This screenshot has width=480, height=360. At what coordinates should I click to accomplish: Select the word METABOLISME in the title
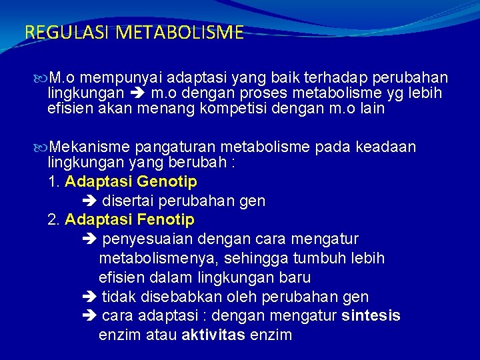click(179, 33)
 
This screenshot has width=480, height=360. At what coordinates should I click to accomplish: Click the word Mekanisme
click(90, 147)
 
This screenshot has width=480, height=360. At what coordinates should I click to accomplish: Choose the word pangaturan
click(172, 147)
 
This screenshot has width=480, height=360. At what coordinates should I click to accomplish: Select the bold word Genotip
click(167, 181)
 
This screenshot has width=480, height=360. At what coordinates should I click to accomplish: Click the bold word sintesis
click(371, 316)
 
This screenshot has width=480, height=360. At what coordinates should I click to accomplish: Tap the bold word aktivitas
click(213, 335)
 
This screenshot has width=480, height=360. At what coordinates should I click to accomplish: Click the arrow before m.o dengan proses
click(138, 93)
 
